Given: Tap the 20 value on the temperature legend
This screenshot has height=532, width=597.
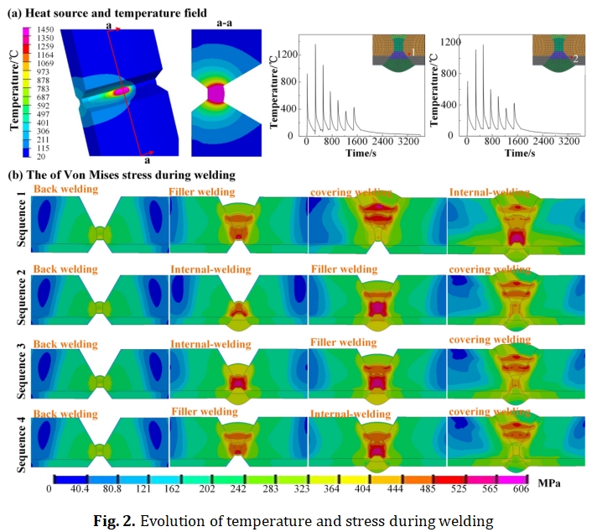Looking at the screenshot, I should [x=41, y=156].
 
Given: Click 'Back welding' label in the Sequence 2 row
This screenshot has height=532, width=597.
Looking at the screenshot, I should [x=65, y=269].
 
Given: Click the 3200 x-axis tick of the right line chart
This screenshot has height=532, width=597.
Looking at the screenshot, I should [x=569, y=143].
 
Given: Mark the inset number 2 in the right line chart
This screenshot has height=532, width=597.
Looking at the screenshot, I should [x=574, y=59].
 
